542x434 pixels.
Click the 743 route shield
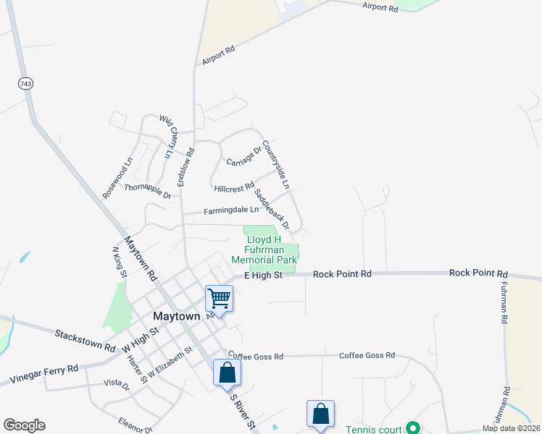[26, 84]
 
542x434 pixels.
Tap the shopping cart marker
[219, 298]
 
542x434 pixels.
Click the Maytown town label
[176, 317]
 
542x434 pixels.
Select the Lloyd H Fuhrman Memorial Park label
[264, 250]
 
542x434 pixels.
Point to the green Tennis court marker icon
[412, 428]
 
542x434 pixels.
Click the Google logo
[24, 425]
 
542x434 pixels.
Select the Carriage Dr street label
[243, 156]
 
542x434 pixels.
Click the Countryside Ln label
[276, 165]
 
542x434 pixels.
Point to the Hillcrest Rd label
[234, 187]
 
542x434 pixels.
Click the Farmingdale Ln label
[230, 210]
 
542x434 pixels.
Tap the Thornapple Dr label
[147, 191]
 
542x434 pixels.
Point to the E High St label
[262, 276]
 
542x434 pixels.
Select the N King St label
[120, 263]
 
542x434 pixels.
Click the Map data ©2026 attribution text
[512, 428]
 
